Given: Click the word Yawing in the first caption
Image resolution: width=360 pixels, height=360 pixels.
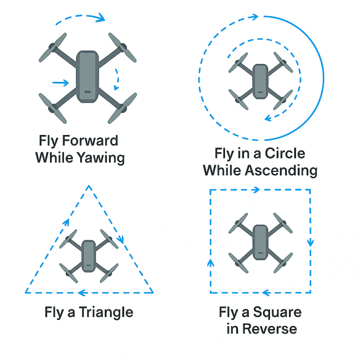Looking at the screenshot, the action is [x=100, y=158].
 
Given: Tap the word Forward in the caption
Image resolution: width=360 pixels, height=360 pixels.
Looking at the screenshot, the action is [x=90, y=140].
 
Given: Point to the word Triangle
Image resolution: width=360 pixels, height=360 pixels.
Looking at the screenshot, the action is [x=106, y=312].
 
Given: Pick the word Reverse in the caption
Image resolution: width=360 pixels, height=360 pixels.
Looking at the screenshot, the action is [x=270, y=329].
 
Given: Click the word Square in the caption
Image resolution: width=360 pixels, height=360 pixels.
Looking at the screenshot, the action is [x=277, y=312].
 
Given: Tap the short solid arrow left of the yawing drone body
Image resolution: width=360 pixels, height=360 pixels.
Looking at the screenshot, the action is [x=61, y=83].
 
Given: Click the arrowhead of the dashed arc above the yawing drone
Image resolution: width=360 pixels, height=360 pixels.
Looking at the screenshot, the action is [x=101, y=18].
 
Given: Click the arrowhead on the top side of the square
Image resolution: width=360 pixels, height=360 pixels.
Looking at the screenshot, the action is [x=256, y=190].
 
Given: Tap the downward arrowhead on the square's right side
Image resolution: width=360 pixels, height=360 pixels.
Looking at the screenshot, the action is [x=310, y=243].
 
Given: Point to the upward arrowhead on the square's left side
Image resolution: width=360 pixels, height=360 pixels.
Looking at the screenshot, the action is [x=211, y=263].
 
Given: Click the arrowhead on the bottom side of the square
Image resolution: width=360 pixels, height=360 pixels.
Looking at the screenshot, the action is [x=266, y=293].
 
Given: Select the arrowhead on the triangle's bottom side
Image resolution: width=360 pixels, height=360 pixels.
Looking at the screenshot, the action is [x=82, y=293].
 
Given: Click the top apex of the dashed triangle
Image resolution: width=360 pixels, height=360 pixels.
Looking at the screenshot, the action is [x=89, y=185].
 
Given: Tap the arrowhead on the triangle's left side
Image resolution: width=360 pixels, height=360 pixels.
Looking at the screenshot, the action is [x=66, y=222].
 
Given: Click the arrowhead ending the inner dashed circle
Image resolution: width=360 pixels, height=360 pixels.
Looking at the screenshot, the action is [x=268, y=118].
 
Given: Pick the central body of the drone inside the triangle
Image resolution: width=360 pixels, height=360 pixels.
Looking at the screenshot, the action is [x=89, y=256].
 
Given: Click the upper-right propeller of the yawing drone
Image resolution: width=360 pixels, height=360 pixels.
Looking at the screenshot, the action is [x=122, y=48].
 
